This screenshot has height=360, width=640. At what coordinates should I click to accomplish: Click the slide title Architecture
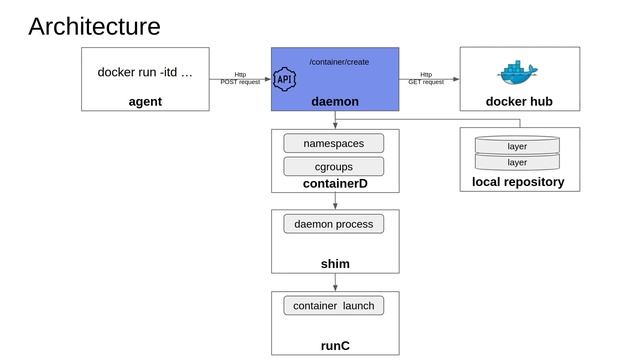coord(94,26)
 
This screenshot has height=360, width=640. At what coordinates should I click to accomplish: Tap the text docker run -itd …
coord(145,72)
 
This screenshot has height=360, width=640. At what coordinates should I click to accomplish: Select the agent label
coord(145,101)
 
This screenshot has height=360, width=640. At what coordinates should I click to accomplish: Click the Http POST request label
coord(240,78)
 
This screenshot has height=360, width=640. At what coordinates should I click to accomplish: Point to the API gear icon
coord(285,78)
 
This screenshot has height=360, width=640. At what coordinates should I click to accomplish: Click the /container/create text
coord(338,62)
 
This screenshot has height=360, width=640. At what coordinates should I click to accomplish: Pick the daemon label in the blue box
coord(335,101)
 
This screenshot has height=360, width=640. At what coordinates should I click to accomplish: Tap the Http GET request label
coord(426,78)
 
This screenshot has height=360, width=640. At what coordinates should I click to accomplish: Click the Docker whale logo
coord(518,72)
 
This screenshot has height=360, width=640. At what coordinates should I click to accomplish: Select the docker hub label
coord(519,101)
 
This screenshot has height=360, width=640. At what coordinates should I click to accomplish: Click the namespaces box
coord(333,144)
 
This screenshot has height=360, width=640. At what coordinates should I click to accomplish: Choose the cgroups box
coord(333,166)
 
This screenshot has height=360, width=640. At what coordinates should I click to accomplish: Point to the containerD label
coord(335,183)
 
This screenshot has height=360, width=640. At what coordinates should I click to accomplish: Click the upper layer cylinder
coord(517,146)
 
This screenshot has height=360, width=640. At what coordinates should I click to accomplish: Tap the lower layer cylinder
coord(517,162)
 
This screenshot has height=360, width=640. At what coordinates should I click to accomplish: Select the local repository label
coord(518,182)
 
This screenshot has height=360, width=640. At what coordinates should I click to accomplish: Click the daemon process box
coord(333,224)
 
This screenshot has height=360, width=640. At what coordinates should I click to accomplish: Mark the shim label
coord(335,264)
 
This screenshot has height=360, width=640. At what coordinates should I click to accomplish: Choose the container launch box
coord(333,305)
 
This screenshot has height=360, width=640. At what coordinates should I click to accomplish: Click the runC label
coord(335,346)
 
